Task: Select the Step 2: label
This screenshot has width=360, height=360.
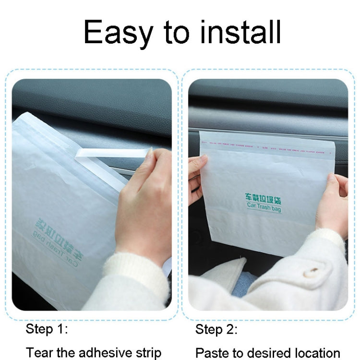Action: pyautogui.click(x=216, y=329)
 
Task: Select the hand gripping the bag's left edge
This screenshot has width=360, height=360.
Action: pyautogui.click(x=197, y=173)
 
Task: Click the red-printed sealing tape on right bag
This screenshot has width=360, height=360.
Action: pyautogui.click(x=267, y=143)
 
